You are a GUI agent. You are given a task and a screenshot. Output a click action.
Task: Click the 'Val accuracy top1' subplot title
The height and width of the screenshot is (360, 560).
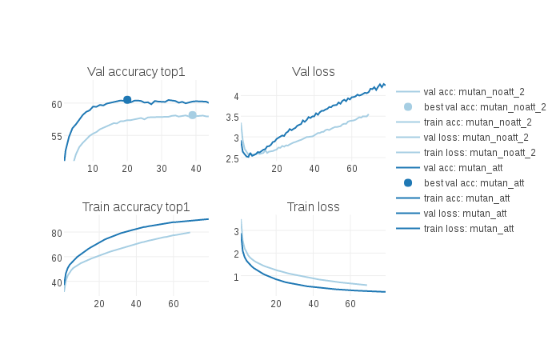[x=136, y=71]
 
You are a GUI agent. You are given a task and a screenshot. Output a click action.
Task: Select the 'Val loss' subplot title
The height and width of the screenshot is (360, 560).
[x=313, y=71]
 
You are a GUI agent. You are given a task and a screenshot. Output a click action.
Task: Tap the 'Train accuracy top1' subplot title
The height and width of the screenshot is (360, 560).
[x=136, y=207]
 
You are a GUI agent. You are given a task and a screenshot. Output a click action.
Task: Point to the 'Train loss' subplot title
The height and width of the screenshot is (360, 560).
[x=313, y=207]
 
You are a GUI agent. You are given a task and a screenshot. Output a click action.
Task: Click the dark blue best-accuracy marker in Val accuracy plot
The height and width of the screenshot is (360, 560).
[x=127, y=99]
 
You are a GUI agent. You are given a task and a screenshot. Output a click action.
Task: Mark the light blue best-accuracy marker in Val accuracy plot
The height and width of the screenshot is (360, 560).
[x=192, y=115]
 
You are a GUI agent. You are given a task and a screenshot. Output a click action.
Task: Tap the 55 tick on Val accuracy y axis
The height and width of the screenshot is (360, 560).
[x=56, y=136]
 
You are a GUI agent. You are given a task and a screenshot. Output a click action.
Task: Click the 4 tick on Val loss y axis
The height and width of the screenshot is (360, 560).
[x=237, y=97]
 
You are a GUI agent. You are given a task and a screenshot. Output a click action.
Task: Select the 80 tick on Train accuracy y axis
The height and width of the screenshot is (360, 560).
[x=56, y=233]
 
